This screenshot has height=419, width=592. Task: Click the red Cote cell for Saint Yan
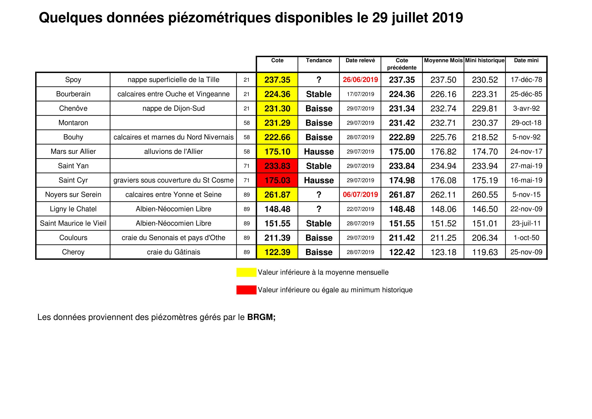[x=277, y=166]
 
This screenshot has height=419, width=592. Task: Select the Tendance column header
[x=319, y=60]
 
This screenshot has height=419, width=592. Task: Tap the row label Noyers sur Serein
[x=73, y=194]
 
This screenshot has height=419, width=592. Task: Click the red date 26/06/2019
[x=360, y=80]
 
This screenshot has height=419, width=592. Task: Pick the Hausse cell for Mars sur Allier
[x=319, y=152]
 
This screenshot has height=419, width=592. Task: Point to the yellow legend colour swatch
[x=246, y=272]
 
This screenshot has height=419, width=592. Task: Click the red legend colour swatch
[x=246, y=290]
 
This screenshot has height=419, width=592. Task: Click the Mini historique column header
[x=485, y=60]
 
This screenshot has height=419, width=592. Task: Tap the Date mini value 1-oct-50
[x=526, y=238]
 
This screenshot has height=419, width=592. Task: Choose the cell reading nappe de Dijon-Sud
[x=173, y=108]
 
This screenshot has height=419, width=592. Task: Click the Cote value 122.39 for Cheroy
[x=277, y=252]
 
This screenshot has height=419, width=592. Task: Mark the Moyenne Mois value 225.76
[x=443, y=137]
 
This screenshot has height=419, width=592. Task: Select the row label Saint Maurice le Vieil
[x=73, y=223]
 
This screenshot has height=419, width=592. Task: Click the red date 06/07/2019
[x=360, y=194]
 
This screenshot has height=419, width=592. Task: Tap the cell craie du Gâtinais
[x=173, y=252]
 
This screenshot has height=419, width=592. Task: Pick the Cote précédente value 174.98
[x=402, y=180]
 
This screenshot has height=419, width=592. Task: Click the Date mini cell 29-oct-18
[x=526, y=123]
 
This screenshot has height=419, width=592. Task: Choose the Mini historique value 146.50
[x=485, y=209]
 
